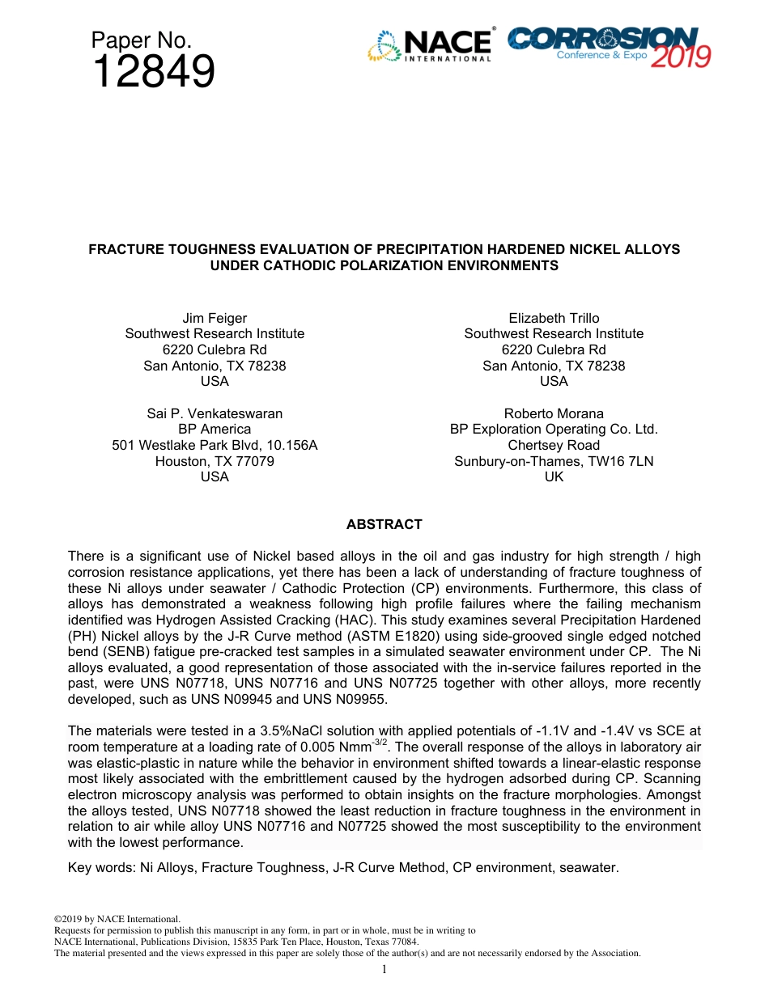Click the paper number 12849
[x=153, y=73]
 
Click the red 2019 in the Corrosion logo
[x=681, y=57]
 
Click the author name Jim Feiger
[x=215, y=318]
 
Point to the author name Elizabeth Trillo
[x=554, y=318]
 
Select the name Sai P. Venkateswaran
[x=215, y=413]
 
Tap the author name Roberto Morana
[x=554, y=413]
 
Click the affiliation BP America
[x=215, y=430]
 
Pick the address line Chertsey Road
[x=554, y=446]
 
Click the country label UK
[x=554, y=477]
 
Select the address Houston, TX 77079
[x=215, y=461]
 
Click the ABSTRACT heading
[x=384, y=525]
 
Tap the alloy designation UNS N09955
[x=347, y=699]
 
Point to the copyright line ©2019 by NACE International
[x=117, y=919]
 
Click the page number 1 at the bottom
[x=384, y=969]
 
